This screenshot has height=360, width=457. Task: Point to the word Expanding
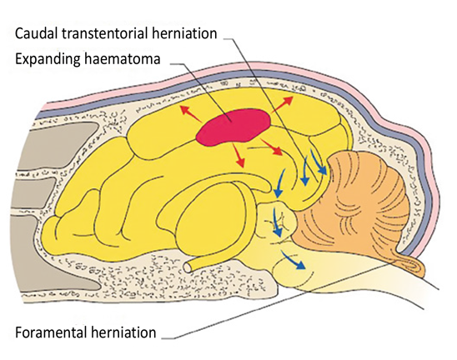click(x=48, y=59)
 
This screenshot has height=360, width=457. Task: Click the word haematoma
click(x=122, y=59)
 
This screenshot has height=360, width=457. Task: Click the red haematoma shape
click(x=234, y=127)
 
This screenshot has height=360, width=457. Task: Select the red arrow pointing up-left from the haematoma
click(x=191, y=114)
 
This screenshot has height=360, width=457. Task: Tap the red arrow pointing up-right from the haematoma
click(x=282, y=104)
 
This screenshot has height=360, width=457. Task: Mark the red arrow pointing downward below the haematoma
click(x=239, y=155)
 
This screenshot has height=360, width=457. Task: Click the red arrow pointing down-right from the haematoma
click(x=272, y=147)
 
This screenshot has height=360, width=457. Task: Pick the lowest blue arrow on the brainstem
click(x=294, y=259)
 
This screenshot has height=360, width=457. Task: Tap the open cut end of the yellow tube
click(x=188, y=266)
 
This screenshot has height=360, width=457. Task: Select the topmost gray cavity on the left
click(x=62, y=145)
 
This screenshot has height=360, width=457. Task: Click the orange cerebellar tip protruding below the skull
click(x=413, y=264)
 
